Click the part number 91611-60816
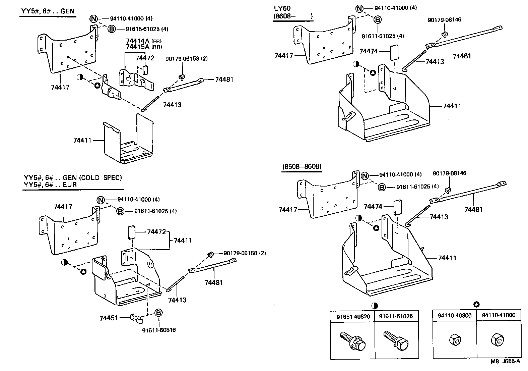(x=159, y=330)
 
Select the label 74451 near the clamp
(x=109, y=317)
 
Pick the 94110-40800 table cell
(x=455, y=315)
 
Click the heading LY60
(x=282, y=8)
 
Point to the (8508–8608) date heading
(x=302, y=166)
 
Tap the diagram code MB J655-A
(x=506, y=362)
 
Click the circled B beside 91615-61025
(x=112, y=29)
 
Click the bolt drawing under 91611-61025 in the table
(x=396, y=339)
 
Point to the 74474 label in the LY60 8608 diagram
(x=369, y=51)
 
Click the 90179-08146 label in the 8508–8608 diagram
(x=449, y=173)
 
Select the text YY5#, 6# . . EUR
(x=50, y=185)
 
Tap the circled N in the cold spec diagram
(x=101, y=200)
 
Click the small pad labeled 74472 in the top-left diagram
(x=145, y=70)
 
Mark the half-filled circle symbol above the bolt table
(x=375, y=306)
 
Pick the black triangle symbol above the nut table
(x=476, y=305)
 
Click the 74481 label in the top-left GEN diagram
(x=224, y=79)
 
